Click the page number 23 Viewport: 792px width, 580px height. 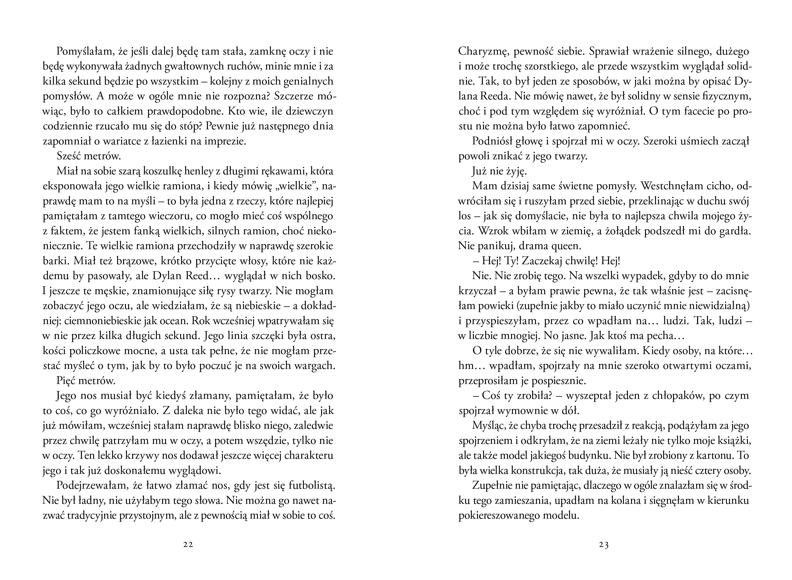604,545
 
